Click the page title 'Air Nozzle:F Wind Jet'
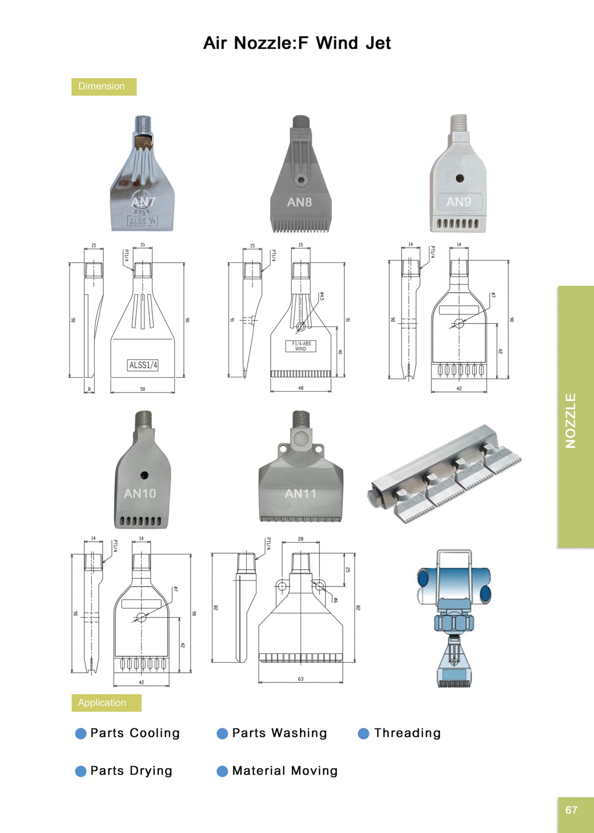297,43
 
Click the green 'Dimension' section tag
104,87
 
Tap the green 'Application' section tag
106,703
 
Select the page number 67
571,810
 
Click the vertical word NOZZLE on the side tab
571,421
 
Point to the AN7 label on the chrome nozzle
143,202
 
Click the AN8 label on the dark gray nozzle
299,202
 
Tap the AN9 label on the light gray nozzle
459,202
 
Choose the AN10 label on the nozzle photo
140,493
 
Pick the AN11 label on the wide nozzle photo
300,493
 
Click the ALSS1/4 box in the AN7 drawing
143,365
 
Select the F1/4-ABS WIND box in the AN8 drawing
301,346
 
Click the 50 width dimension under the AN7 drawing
142,389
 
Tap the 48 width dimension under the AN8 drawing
301,388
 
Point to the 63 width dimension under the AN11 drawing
301,679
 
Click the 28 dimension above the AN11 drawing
301,539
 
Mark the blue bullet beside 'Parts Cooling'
81,733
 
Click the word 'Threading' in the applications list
407,733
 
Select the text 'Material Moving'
285,771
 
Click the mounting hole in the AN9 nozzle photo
459,178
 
